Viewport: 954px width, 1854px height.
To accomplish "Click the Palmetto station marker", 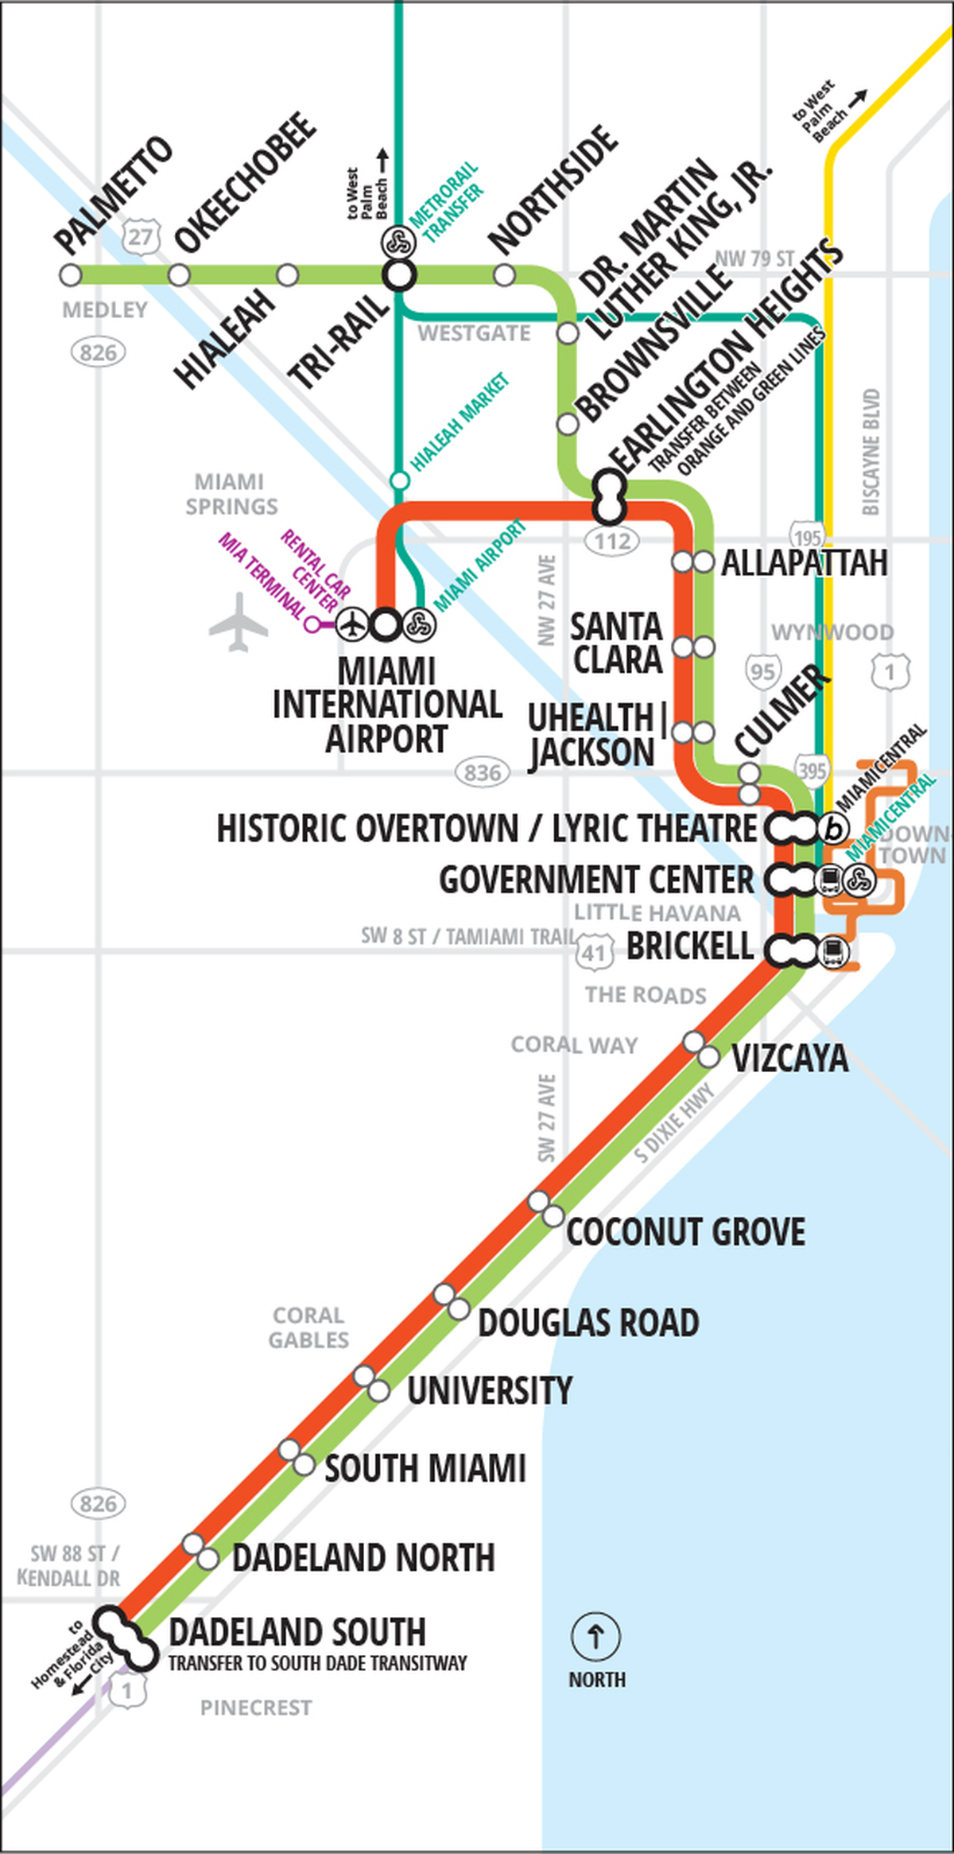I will [x=71, y=275].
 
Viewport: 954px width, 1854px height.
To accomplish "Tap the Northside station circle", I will [x=504, y=275].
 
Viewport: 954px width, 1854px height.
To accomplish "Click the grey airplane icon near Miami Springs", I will [x=238, y=622].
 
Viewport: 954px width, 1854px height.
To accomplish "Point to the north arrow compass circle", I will [x=595, y=1636].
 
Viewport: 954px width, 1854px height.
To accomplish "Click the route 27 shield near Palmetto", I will [x=142, y=236].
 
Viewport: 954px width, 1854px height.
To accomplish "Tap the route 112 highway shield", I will [x=612, y=542].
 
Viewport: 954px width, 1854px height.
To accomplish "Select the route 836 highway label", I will [x=483, y=772].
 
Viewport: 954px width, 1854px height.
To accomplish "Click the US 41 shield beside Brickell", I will [x=595, y=952].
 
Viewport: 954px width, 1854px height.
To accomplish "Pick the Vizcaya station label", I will [x=789, y=1059].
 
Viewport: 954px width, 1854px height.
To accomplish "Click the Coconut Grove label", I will [x=685, y=1231].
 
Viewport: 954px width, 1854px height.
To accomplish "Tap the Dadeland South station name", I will [x=297, y=1631].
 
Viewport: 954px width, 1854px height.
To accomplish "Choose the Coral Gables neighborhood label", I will [x=308, y=1327].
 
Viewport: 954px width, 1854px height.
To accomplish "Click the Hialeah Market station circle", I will [x=399, y=480].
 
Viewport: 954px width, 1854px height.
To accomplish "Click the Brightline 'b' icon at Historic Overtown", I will [x=833, y=829].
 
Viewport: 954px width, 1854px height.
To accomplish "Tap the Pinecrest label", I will [x=256, y=1707].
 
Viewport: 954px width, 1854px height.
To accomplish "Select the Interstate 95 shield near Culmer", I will [x=762, y=672].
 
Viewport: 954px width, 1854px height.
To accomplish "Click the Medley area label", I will [x=105, y=310].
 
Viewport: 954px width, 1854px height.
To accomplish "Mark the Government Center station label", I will [x=596, y=880].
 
